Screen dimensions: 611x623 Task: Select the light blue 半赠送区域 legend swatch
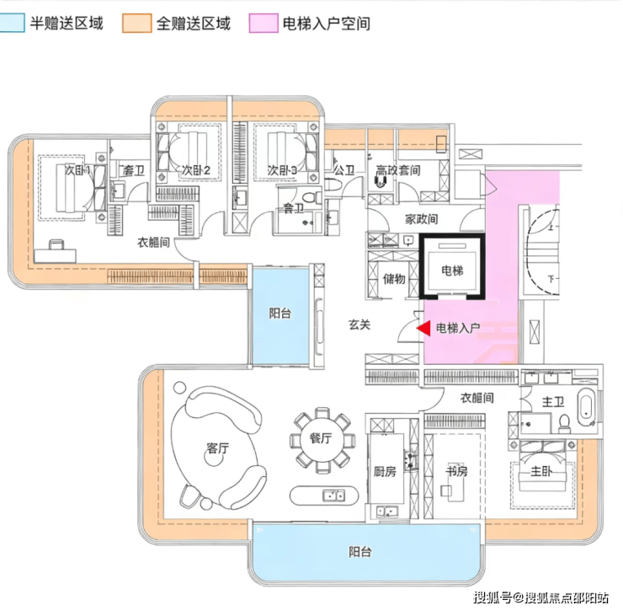(12, 23)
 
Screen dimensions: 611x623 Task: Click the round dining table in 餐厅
(322, 440)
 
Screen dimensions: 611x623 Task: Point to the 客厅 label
(217, 449)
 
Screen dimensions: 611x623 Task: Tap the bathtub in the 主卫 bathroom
(587, 410)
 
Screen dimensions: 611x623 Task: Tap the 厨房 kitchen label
(384, 472)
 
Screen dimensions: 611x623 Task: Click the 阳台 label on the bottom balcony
(360, 552)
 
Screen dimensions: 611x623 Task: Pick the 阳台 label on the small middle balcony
(280, 314)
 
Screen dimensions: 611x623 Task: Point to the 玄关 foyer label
(359, 324)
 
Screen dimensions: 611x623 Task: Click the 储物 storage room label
(394, 279)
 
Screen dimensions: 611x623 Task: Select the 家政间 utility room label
(421, 219)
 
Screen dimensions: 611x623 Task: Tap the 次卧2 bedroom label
(195, 170)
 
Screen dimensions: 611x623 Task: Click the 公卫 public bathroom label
(343, 170)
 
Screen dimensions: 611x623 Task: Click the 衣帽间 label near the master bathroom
(477, 398)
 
